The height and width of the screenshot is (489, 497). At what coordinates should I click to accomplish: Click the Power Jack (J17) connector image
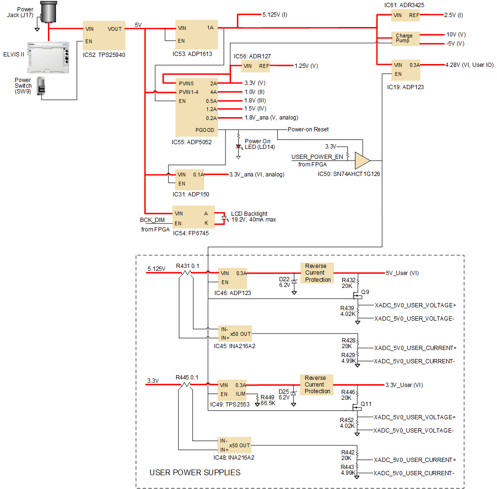pyautogui.click(x=49, y=12)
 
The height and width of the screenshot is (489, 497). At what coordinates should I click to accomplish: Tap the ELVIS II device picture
pyautogui.click(x=48, y=57)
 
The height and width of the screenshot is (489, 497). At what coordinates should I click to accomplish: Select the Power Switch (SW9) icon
pyautogui.click(x=41, y=86)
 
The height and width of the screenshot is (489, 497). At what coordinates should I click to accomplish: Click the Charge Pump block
pyautogui.click(x=405, y=38)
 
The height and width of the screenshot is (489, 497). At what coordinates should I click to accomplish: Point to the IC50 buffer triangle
pyautogui.click(x=362, y=161)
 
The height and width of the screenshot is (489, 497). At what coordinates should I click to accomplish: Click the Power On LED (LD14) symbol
pyautogui.click(x=238, y=147)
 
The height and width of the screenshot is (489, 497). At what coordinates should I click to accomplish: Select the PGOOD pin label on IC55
pyautogui.click(x=205, y=130)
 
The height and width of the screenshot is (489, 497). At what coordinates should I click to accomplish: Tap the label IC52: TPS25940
pyautogui.click(x=104, y=55)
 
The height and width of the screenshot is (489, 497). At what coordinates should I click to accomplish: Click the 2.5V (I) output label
pyautogui.click(x=454, y=15)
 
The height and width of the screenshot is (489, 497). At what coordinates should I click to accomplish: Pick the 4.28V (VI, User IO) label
pyautogui.click(x=469, y=65)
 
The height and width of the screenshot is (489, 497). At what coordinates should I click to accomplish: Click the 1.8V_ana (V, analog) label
pyautogui.click(x=272, y=118)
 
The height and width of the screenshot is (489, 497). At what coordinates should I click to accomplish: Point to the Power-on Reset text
pyautogui.click(x=308, y=129)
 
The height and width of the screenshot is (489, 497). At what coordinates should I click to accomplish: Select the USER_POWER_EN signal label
pyautogui.click(x=317, y=157)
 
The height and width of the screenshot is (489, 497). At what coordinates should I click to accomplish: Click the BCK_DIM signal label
pyautogui.click(x=152, y=220)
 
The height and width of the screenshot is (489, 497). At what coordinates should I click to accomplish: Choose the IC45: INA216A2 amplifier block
pyautogui.click(x=235, y=333)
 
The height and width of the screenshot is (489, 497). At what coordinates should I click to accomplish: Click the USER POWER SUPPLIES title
pyautogui.click(x=195, y=472)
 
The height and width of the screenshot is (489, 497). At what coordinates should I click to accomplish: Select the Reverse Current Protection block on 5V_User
pyautogui.click(x=317, y=273)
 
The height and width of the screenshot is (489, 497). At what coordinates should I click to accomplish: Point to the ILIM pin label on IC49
pyautogui.click(x=241, y=394)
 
